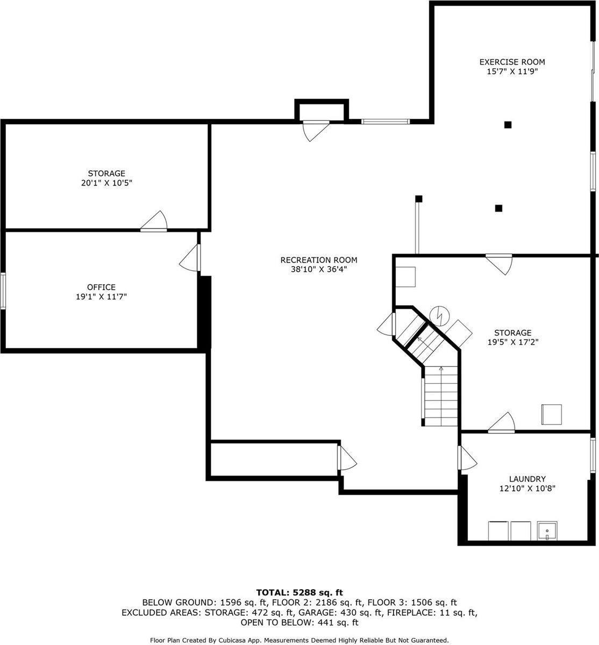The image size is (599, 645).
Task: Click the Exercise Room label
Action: [x=512, y=62]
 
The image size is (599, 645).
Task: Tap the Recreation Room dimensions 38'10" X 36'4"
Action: [x=319, y=269]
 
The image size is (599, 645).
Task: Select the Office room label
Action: [x=101, y=287]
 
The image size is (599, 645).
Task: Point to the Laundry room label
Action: [x=527, y=479]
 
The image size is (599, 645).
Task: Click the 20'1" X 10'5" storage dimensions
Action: [x=106, y=183]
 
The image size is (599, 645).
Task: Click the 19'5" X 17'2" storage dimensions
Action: [x=513, y=342]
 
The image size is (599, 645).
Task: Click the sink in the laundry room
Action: [x=547, y=531]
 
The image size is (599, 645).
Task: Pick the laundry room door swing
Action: [x=467, y=458]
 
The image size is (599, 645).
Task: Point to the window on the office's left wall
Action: [x=3, y=291]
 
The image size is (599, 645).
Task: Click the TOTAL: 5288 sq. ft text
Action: [x=299, y=593]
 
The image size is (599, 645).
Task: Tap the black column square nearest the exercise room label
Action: [x=508, y=125]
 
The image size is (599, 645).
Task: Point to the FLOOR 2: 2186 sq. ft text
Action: [x=317, y=603]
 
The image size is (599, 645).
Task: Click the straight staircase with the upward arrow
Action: [x=441, y=396]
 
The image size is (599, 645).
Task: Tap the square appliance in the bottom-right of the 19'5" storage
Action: [x=552, y=414]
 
